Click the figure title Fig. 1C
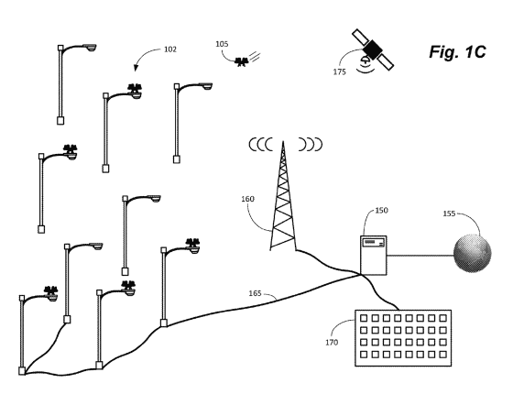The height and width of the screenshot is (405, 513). pyautogui.click(x=457, y=52)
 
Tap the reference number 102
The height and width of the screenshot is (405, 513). pyautogui.click(x=170, y=49)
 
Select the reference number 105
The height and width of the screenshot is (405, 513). pyautogui.click(x=222, y=44)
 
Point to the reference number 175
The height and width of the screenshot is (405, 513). pyautogui.click(x=340, y=72)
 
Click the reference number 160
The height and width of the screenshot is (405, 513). pyautogui.click(x=247, y=199)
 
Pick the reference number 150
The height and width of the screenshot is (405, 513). pyautogui.click(x=381, y=211)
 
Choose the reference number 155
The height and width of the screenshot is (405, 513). pyautogui.click(x=449, y=213)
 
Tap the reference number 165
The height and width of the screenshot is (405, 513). pyautogui.click(x=256, y=293)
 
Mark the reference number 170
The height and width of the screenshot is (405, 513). pyautogui.click(x=332, y=343)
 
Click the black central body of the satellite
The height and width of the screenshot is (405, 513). pyautogui.click(x=373, y=49)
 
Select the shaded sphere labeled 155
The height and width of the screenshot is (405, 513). pyautogui.click(x=473, y=253)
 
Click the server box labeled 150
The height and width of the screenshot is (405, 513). pyautogui.click(x=374, y=255)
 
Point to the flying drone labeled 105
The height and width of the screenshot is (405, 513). pyautogui.click(x=243, y=61)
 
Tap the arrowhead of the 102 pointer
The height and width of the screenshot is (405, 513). pyautogui.click(x=136, y=68)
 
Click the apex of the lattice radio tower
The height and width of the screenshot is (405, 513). pyautogui.click(x=283, y=141)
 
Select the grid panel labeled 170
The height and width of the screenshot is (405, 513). pyautogui.click(x=403, y=338)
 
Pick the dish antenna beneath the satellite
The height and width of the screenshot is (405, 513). pyautogui.click(x=365, y=60)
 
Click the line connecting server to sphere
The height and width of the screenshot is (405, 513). pyautogui.click(x=420, y=256)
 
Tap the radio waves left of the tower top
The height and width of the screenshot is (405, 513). pyautogui.click(x=261, y=144)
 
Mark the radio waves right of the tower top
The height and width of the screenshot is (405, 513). pyautogui.click(x=311, y=144)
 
